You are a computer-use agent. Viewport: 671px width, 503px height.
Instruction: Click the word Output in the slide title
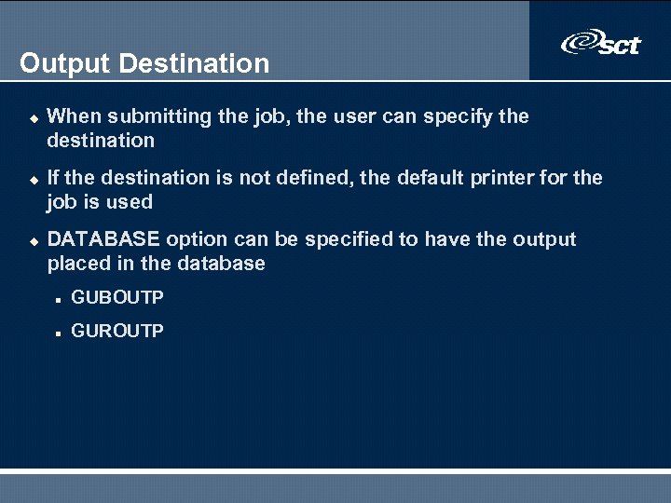point(65,63)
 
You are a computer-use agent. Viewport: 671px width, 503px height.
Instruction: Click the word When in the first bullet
point(74,116)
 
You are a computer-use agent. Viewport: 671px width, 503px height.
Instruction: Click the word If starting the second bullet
point(52,177)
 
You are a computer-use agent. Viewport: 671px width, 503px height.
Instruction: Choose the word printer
point(488,177)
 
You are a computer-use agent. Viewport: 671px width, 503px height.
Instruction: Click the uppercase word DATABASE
point(103,239)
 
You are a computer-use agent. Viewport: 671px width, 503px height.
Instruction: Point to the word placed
point(77,264)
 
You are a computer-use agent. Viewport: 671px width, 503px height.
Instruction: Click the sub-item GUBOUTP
point(117,297)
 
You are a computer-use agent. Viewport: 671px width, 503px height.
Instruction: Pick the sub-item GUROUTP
point(117,331)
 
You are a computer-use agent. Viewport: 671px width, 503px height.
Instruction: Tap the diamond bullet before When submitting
point(31,117)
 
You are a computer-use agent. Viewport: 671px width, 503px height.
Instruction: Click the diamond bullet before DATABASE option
point(31,240)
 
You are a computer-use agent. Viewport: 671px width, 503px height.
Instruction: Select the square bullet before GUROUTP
point(58,332)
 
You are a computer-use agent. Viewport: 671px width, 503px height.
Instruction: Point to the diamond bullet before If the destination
point(31,178)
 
